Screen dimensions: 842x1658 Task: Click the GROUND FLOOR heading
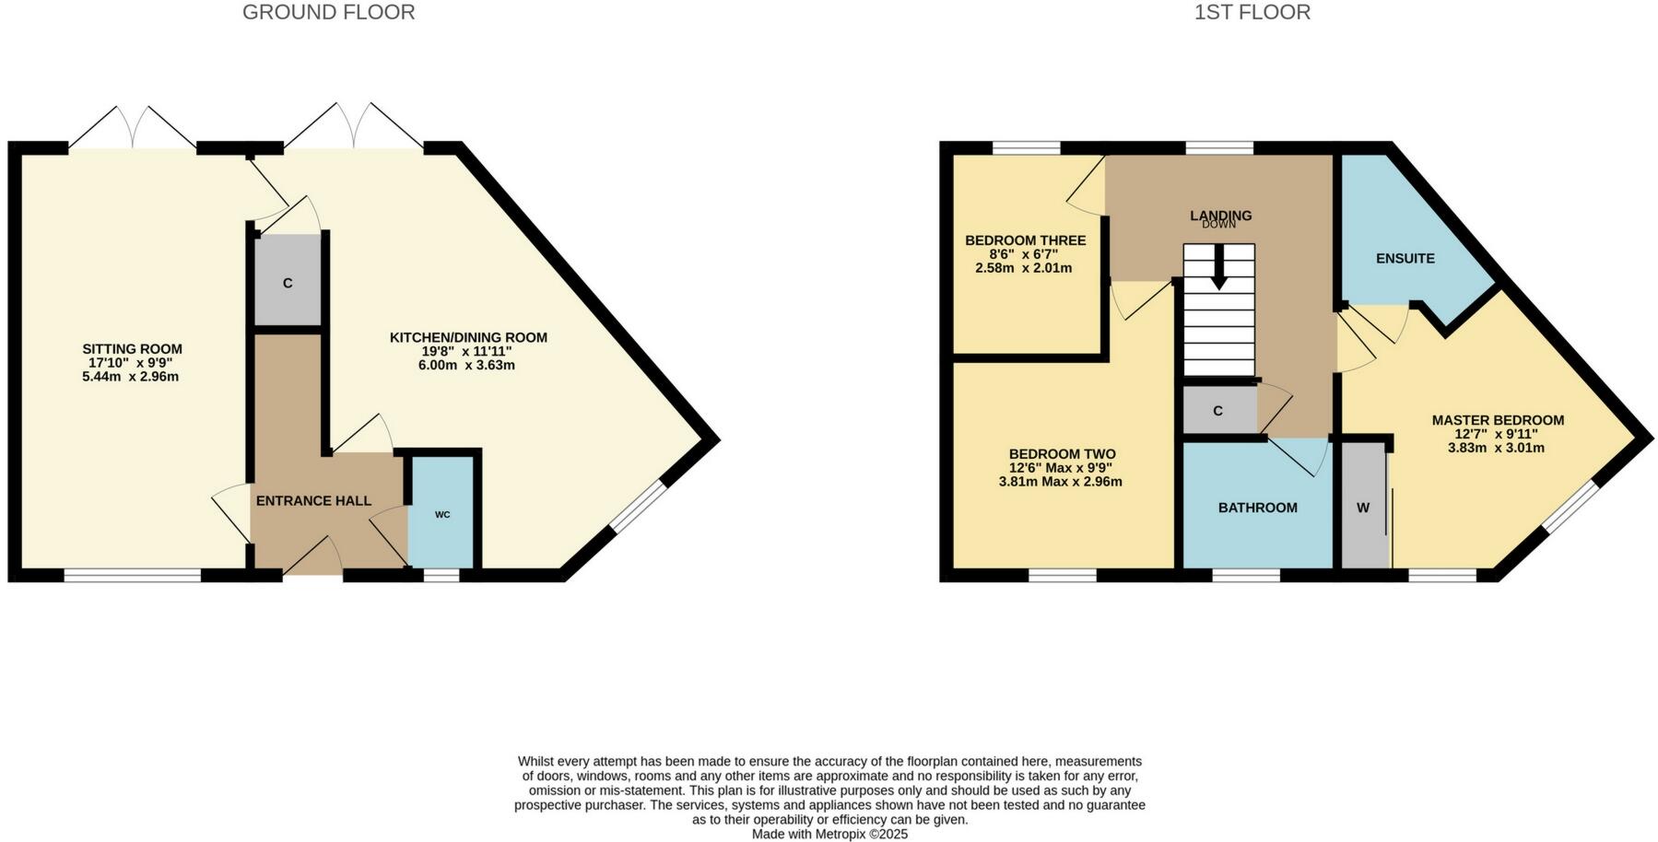[x=328, y=12]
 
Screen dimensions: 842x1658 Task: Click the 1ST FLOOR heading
[x=1252, y=12]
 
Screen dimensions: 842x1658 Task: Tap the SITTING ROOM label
[x=132, y=349]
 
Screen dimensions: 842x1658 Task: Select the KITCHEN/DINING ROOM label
[x=468, y=337]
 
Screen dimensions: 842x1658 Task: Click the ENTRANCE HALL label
[x=313, y=501]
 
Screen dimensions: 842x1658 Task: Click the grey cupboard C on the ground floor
[x=288, y=282]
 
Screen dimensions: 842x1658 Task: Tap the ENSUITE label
[x=1405, y=259]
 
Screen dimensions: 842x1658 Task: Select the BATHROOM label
[x=1257, y=508]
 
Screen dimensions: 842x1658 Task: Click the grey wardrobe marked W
[x=1363, y=508]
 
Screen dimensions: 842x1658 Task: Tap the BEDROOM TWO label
[x=1062, y=454]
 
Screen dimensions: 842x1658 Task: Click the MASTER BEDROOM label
[x=1497, y=420]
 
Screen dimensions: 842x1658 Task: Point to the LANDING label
[x=1220, y=215]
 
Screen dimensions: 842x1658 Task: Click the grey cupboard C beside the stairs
[x=1217, y=411]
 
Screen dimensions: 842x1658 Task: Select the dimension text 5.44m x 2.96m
[x=130, y=377]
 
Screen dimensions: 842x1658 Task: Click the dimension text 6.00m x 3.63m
[x=466, y=365]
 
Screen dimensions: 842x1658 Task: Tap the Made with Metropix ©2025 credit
[x=829, y=834]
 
